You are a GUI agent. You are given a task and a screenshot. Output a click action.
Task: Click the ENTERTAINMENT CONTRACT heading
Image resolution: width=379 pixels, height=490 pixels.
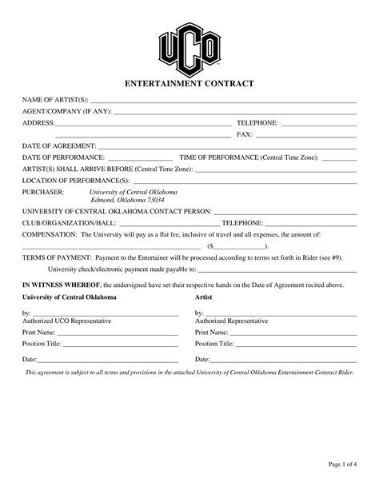pyautogui.click(x=189, y=83)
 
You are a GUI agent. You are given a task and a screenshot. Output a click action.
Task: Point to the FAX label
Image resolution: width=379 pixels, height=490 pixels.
pyautogui.click(x=245, y=134)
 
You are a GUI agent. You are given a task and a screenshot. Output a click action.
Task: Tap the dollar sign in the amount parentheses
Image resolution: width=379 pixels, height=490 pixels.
pyautogui.click(x=210, y=247)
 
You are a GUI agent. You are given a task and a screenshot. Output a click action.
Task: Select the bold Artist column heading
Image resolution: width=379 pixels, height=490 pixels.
pyautogui.click(x=204, y=297)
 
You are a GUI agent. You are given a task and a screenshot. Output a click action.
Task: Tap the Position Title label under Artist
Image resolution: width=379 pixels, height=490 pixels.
pyautogui.click(x=214, y=343)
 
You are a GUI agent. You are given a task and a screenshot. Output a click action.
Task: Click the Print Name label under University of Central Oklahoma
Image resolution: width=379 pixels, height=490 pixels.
pyautogui.click(x=38, y=332)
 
